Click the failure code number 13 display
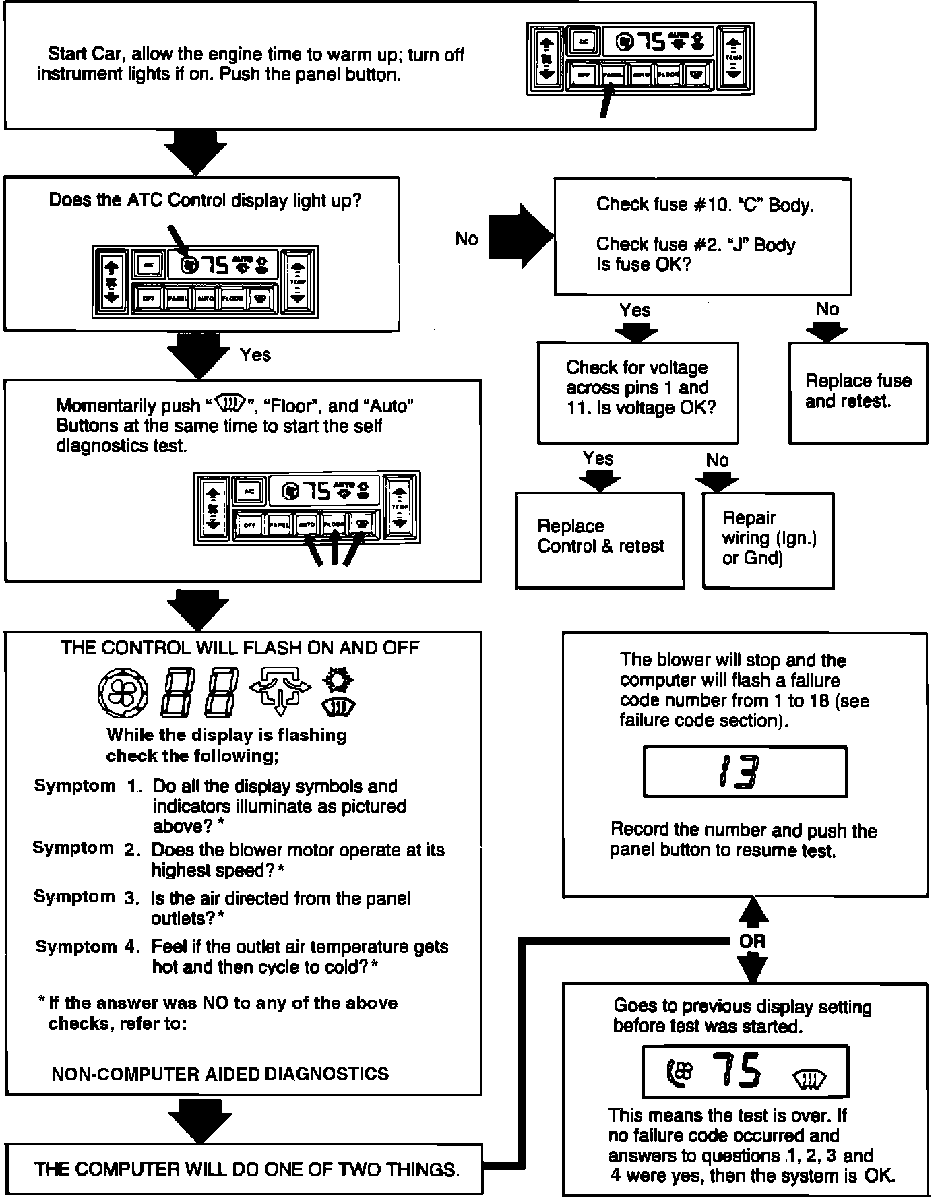click(737, 772)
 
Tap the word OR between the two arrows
click(752, 941)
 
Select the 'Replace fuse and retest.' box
click(858, 392)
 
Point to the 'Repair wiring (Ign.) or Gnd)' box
click(768, 539)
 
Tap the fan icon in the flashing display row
click(122, 693)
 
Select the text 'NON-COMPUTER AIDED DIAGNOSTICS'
click(220, 1074)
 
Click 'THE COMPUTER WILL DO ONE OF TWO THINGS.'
click(247, 1170)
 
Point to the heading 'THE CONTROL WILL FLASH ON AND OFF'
click(240, 648)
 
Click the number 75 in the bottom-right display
click(738, 1071)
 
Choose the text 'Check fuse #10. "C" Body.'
click(705, 205)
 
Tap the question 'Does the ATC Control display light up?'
click(205, 201)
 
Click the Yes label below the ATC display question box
click(255, 355)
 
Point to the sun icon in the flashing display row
click(337, 681)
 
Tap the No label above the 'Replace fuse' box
click(827, 309)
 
